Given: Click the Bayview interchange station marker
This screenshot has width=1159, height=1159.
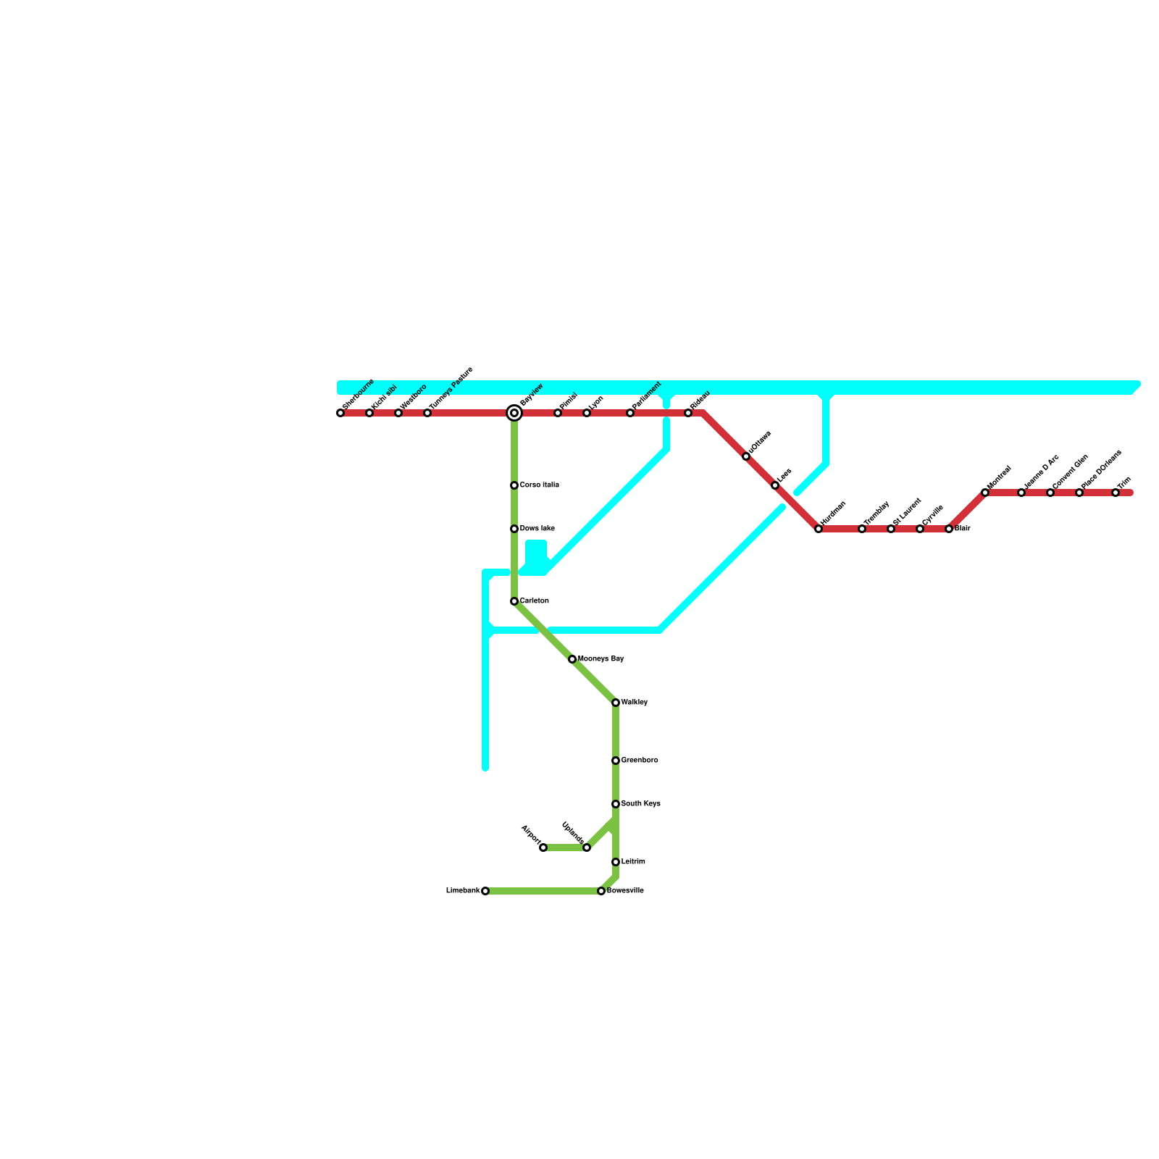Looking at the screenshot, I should pos(514,413).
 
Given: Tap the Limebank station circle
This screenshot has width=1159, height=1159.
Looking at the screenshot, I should pos(485,891).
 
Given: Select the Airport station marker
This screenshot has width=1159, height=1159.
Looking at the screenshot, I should pos(543,848).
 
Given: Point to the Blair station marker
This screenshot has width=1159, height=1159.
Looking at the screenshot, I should pos(949,529).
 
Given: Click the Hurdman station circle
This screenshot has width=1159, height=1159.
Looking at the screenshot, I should pos(819,529).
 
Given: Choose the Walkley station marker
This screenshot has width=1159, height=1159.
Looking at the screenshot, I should pos(616,703).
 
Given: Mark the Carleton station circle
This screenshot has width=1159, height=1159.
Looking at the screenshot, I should pos(514,601).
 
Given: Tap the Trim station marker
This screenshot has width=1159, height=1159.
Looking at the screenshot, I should pos(1116,493).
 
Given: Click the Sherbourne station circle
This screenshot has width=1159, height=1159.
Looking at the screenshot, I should pos(340,413).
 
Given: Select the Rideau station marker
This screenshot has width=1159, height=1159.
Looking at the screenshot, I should pos(688,413).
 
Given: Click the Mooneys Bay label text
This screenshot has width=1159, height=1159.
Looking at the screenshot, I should pos(601,659).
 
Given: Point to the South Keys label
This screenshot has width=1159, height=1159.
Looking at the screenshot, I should pos(640,804).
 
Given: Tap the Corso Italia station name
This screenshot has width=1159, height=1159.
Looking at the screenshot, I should pos(539,485).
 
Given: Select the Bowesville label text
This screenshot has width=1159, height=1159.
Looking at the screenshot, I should pos(625,891).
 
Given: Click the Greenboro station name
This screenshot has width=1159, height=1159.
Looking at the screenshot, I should pos(640,761).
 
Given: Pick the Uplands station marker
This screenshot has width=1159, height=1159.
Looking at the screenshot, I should pos(587,848).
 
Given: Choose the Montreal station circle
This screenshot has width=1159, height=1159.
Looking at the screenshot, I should pos(985,493).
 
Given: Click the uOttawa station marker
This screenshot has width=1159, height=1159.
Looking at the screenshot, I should pos(746,456).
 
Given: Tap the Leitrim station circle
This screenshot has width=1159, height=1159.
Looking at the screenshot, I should pos(616,862).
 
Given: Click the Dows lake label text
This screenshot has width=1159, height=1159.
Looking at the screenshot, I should pos(537,529).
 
